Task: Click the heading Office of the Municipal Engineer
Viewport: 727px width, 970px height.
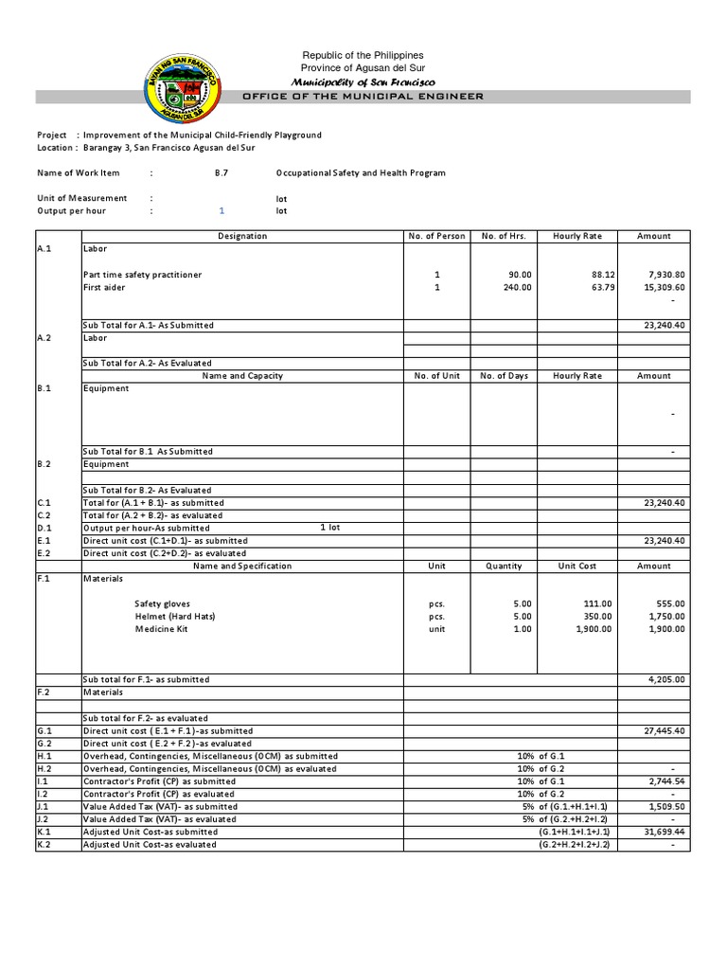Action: pos(363,97)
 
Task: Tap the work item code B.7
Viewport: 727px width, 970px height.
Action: pos(222,173)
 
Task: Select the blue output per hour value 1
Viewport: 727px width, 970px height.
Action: pos(222,211)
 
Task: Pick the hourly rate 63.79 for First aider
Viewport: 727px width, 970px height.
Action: pos(595,287)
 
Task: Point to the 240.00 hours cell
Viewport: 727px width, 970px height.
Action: pos(517,287)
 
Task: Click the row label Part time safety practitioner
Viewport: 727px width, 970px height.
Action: pos(142,275)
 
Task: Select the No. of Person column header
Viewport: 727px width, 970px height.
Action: pos(435,236)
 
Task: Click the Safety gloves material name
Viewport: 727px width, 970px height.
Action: pos(162,603)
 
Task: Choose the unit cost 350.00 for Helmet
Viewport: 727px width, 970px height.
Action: pos(596,617)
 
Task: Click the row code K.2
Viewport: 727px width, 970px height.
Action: pos(44,845)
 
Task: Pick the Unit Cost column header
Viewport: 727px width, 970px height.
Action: pos(576,566)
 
